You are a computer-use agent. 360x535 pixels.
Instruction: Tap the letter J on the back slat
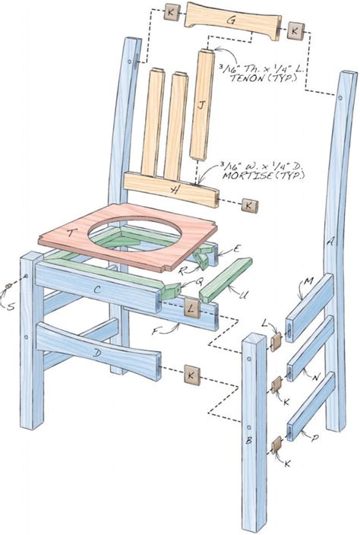[x=201, y=107]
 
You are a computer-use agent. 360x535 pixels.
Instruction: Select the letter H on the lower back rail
[x=177, y=189]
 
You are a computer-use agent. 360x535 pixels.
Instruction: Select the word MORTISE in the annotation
[x=247, y=176]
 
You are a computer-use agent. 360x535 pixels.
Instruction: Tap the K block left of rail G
[x=172, y=14]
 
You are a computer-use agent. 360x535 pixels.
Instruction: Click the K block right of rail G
[x=294, y=31]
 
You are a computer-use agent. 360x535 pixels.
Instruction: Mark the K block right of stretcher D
[x=191, y=375]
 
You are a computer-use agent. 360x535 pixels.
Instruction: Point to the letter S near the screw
[x=9, y=308]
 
